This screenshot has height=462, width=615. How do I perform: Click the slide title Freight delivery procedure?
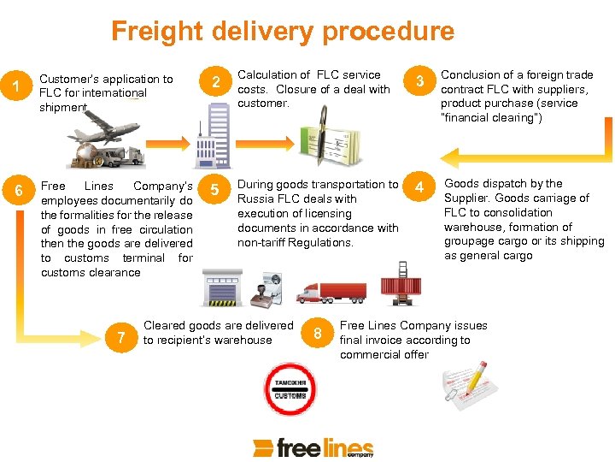[x=282, y=32]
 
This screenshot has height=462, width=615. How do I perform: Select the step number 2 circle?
[x=217, y=82]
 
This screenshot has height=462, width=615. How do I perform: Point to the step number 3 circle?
[x=419, y=82]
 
